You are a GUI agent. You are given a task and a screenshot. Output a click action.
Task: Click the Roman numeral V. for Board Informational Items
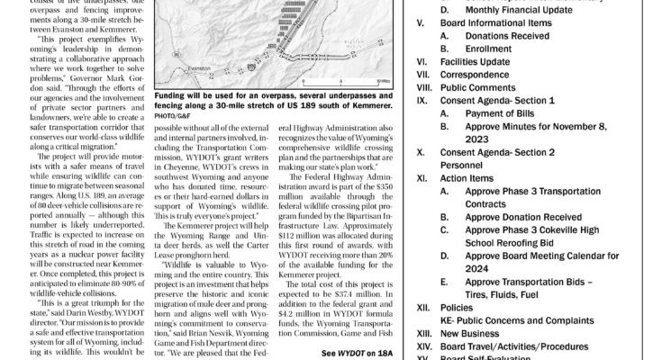pos(420,26)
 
